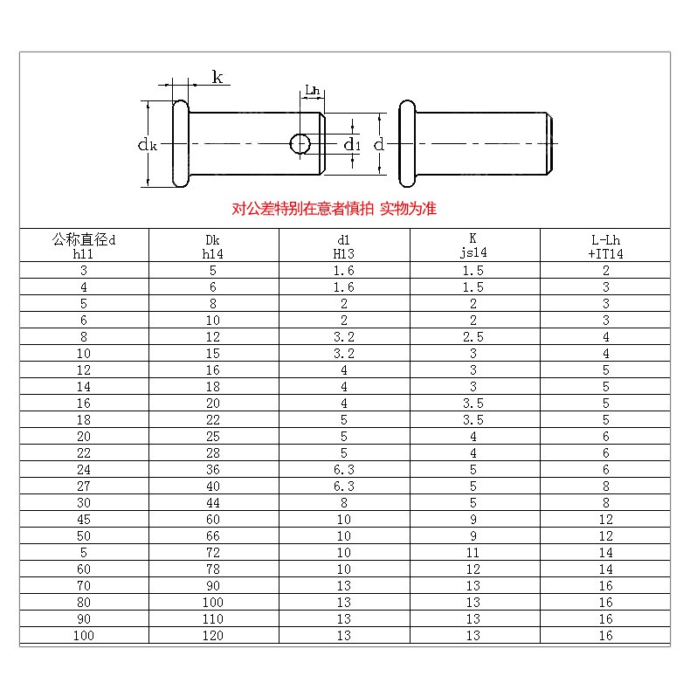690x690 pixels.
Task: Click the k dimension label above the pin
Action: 217,77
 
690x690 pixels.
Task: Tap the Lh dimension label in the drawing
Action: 313,90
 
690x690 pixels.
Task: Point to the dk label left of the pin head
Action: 148,144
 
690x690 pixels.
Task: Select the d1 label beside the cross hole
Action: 352,144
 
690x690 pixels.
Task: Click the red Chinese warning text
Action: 334,208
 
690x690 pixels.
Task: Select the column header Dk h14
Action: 213,246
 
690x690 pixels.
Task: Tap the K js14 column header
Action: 473,245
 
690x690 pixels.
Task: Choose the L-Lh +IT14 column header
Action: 605,246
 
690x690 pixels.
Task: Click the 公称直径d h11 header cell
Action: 84,246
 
